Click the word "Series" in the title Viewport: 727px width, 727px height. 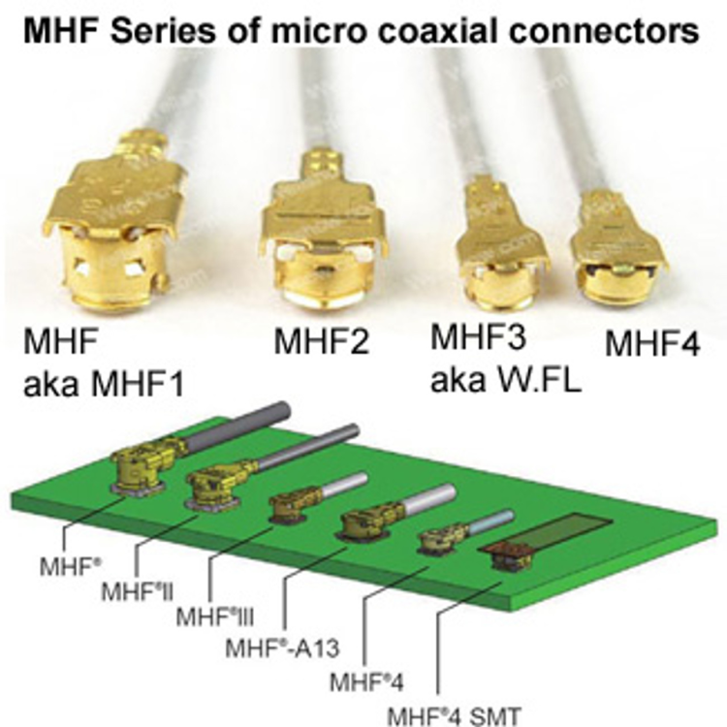tap(163, 30)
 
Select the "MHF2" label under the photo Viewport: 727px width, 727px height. tap(322, 341)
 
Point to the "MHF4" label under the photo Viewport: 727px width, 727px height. tap(652, 343)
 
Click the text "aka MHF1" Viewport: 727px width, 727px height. tap(104, 385)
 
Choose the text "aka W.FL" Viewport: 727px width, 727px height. tap(506, 380)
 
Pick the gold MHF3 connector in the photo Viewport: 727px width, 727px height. tap(502, 245)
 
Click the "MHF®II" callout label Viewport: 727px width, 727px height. tap(138, 592)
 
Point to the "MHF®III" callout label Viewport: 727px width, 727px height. tap(214, 617)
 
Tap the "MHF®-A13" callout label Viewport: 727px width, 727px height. tap(282, 648)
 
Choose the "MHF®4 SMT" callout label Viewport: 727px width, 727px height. tap(454, 716)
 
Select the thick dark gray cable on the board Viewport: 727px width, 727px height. tap(237, 425)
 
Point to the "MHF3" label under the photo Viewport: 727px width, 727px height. tap(479, 337)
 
